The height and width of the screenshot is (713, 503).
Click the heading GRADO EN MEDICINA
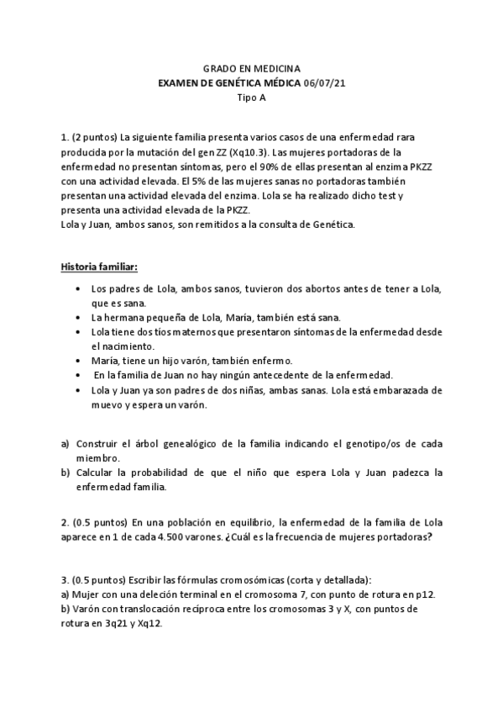pos(251,70)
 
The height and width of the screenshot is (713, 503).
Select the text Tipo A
pos(251,97)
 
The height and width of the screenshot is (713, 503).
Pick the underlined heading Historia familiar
pos(100,267)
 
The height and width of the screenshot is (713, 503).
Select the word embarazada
pos(417,390)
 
